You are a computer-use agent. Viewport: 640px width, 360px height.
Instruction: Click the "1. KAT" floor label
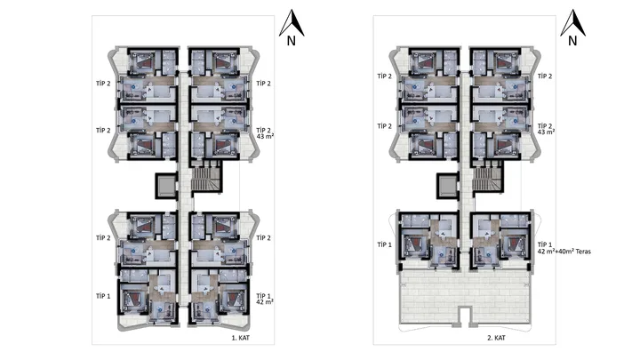[x=240, y=338]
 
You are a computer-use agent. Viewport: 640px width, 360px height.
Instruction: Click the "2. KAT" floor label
[x=496, y=338]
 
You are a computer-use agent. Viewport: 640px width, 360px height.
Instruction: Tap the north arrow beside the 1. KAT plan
[x=292, y=23]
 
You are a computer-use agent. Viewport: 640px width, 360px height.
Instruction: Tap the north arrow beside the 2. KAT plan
[x=572, y=23]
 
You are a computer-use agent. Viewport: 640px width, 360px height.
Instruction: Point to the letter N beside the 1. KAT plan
[x=291, y=41]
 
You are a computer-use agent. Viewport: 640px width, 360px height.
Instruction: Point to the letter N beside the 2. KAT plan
[x=572, y=41]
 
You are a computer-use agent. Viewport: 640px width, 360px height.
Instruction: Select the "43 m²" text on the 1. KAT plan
[x=265, y=136]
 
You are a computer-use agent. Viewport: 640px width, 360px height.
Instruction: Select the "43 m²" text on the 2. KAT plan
[x=546, y=132]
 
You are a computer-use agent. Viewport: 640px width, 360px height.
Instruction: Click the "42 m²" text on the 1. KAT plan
[x=265, y=302]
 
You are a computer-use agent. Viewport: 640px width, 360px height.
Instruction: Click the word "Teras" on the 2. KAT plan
[x=583, y=252]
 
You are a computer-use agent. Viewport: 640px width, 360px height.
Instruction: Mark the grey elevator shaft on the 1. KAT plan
[x=165, y=186]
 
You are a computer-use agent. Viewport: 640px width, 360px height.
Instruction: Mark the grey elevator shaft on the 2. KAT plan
[x=446, y=186]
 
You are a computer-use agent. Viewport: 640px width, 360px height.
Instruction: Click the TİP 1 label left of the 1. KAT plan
[x=103, y=296]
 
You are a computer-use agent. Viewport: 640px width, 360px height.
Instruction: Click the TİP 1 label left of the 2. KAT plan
[x=385, y=244]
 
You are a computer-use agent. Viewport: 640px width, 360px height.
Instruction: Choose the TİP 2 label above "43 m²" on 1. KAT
[x=264, y=130]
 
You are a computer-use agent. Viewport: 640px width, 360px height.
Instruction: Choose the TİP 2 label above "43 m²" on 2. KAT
[x=545, y=125]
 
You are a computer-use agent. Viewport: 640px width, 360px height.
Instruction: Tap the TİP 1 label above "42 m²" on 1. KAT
[x=264, y=296]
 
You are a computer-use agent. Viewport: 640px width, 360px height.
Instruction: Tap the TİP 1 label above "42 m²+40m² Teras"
[x=545, y=244]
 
